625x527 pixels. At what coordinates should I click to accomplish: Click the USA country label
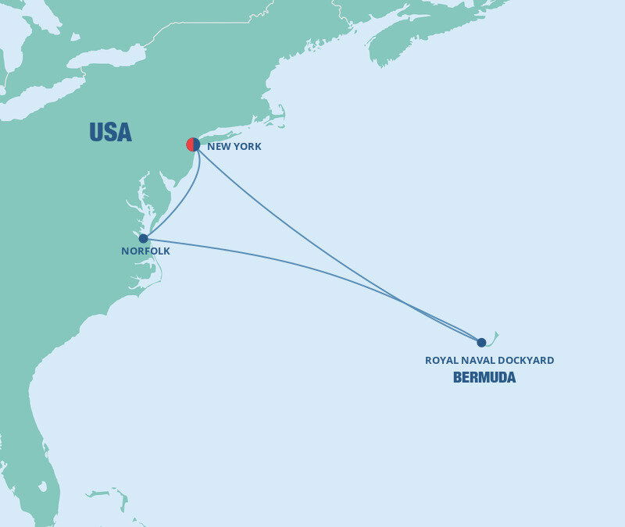pyautogui.click(x=110, y=133)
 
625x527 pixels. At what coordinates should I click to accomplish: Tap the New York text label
pyautogui.click(x=234, y=146)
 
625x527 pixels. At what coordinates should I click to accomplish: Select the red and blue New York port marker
pyautogui.click(x=193, y=144)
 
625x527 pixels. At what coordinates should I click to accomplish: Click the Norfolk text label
pyautogui.click(x=145, y=251)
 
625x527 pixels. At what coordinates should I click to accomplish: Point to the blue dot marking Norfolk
pyautogui.click(x=143, y=239)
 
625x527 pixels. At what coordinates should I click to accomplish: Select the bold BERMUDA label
pyautogui.click(x=484, y=378)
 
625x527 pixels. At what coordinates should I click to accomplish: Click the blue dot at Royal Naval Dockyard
pyautogui.click(x=481, y=342)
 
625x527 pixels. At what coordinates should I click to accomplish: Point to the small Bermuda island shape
pyautogui.click(x=493, y=337)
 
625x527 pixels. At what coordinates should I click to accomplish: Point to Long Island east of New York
pyautogui.click(x=227, y=132)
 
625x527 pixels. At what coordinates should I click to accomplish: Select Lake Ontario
pyautogui.click(x=105, y=57)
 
